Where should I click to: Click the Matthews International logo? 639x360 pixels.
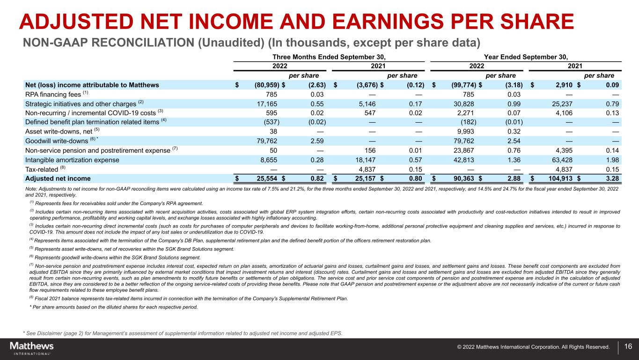pos(32,348)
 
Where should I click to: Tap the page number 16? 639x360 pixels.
pos(628,347)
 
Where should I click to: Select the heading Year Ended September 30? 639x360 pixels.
pos(525,57)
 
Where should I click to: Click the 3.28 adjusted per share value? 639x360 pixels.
pos(612,178)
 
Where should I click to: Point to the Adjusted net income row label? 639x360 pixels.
pos(58,178)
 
